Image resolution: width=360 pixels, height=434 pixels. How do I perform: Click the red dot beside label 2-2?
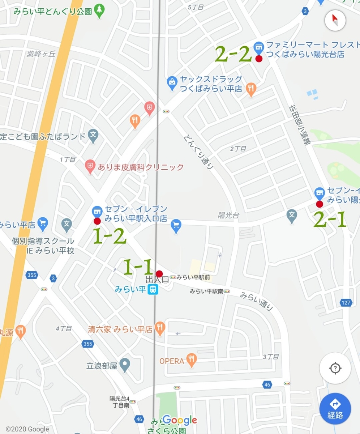[x=259, y=59]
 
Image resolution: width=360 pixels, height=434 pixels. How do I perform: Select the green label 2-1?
[x=330, y=220]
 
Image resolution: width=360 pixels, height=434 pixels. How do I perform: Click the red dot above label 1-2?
[x=97, y=221]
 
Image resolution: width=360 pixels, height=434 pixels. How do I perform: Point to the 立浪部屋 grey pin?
[x=125, y=365]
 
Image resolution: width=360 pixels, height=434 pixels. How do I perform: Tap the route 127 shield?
[x=346, y=302]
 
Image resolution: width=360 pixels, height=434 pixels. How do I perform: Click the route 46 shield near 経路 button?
[x=267, y=384]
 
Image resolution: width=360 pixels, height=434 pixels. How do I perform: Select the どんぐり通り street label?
[x=198, y=152]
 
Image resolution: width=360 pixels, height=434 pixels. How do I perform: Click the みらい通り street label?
[x=257, y=301]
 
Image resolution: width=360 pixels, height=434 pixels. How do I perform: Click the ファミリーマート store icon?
[x=258, y=47]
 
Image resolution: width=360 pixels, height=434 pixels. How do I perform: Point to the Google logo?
[x=180, y=420]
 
